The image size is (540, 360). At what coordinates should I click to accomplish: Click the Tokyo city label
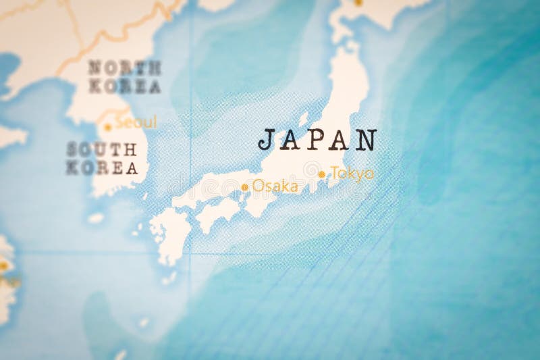(x=352, y=174)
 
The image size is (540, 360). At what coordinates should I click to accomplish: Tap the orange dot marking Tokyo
(x=322, y=175)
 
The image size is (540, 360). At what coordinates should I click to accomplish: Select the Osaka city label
(x=275, y=186)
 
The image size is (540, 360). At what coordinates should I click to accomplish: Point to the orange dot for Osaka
(x=244, y=187)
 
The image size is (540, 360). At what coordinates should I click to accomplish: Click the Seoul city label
(x=136, y=122)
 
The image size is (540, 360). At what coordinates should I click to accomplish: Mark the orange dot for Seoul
(x=107, y=126)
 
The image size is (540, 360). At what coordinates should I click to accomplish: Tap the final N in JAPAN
(x=366, y=139)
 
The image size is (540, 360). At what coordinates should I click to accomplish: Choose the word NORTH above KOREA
(x=125, y=68)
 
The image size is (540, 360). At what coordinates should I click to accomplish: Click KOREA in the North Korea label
(x=125, y=86)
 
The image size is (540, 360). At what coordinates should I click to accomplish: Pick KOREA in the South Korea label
(x=101, y=168)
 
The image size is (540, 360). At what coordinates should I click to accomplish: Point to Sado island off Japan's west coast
(x=304, y=119)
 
